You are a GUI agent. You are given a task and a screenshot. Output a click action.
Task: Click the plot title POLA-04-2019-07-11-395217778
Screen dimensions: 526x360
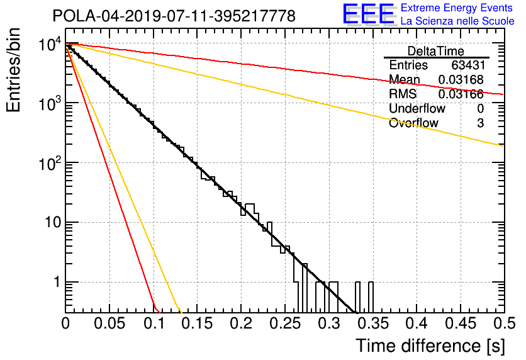[174, 16]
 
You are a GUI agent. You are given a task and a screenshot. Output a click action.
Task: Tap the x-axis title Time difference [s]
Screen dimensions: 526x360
[430, 346]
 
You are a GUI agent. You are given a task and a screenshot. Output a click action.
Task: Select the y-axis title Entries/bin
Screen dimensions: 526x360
[13, 70]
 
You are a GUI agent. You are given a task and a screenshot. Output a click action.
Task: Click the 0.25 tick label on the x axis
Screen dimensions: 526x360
[286, 323]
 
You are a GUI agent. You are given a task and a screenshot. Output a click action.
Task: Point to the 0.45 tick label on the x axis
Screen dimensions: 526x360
[461, 323]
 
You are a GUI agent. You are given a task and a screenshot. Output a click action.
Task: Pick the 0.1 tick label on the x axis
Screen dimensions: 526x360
[154, 323]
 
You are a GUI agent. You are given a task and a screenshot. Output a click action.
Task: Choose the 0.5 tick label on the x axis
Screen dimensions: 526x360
[505, 323]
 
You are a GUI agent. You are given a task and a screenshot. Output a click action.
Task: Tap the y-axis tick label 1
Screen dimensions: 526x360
[57, 282]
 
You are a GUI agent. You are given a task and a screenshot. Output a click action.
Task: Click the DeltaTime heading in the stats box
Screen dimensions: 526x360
[436, 51]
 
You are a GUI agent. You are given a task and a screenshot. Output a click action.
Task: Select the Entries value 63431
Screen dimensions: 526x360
[467, 65]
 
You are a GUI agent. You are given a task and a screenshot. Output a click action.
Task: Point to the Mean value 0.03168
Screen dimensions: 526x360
[461, 79]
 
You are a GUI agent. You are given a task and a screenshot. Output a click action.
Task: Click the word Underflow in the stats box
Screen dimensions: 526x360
[417, 108]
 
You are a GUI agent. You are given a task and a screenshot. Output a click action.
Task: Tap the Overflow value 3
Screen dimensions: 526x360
[480, 123]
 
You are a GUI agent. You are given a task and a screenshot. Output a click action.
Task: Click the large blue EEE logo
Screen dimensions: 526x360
[369, 14]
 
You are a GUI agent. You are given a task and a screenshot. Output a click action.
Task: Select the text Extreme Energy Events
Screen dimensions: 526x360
[457, 8]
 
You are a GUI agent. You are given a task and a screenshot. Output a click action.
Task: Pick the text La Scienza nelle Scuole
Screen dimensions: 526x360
[457, 21]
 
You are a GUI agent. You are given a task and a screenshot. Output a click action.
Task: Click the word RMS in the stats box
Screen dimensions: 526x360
[403, 94]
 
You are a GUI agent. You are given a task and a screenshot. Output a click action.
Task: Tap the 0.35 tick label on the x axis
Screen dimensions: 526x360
[373, 323]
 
